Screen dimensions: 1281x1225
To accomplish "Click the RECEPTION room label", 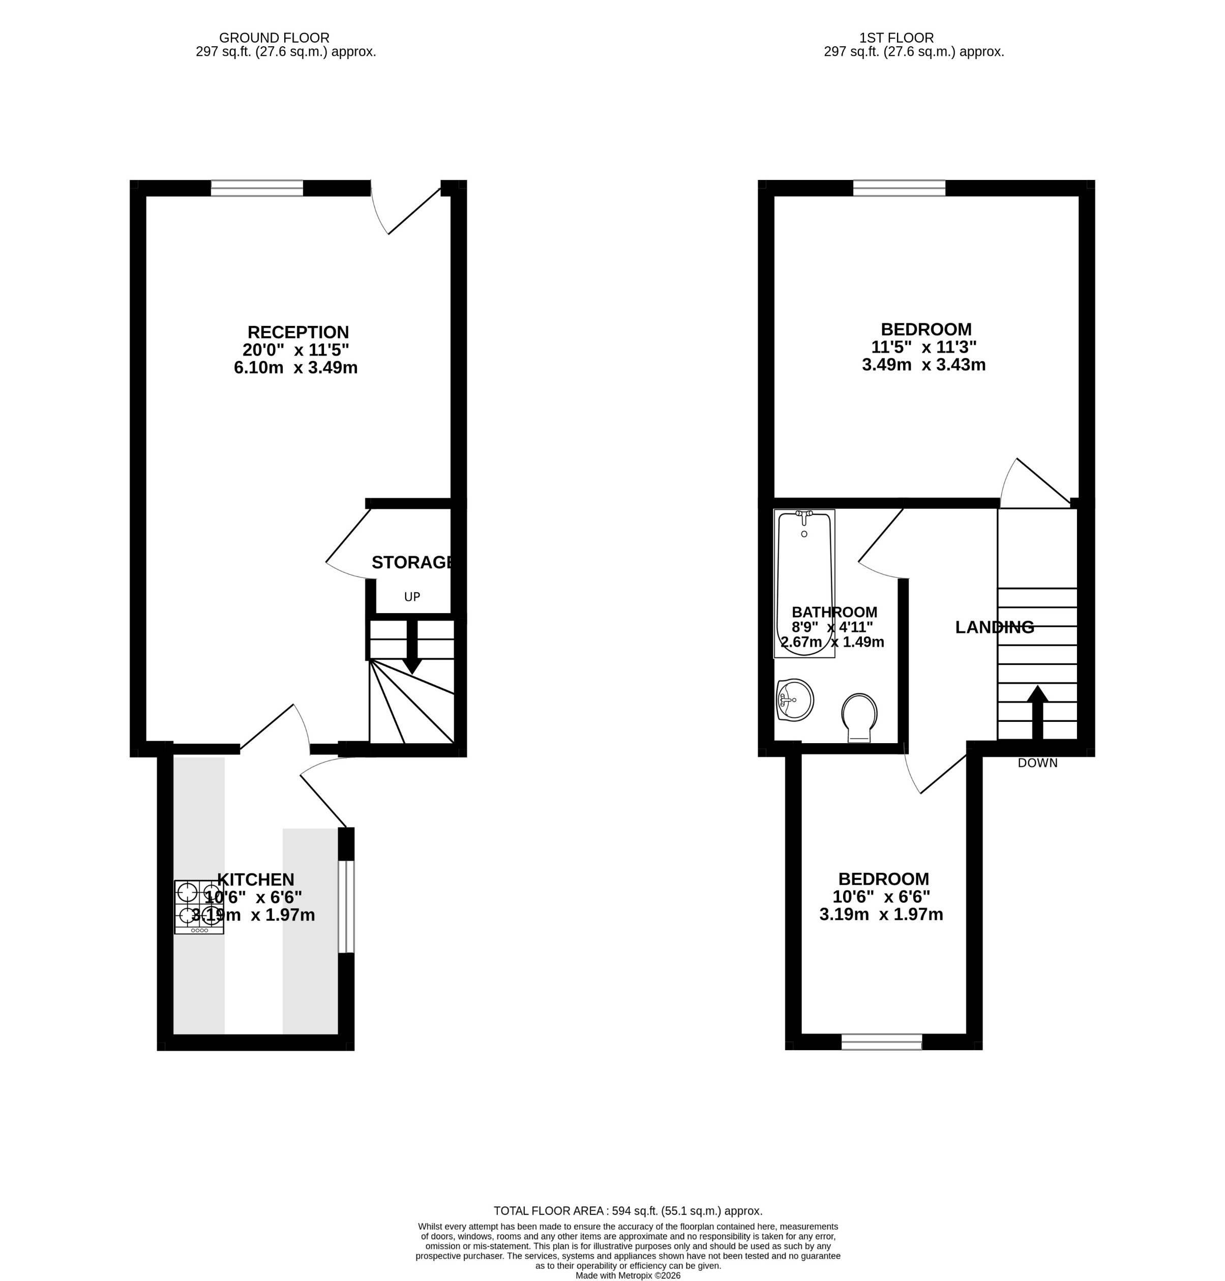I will (298, 332).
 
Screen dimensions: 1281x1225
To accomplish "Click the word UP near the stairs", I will (412, 597).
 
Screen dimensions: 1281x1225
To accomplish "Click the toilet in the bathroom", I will (859, 717).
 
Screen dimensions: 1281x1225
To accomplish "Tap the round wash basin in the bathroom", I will (795, 700).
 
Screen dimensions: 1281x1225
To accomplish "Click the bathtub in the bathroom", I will (804, 583).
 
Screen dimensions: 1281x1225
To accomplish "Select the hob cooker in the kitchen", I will (198, 907).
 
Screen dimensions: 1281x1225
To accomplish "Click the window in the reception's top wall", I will (257, 189).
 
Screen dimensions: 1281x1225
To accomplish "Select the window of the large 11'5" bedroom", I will (899, 189).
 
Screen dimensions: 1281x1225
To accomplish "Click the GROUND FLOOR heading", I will (274, 38).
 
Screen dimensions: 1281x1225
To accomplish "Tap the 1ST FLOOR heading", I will (896, 38).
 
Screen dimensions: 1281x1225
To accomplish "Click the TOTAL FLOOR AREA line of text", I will (628, 1211).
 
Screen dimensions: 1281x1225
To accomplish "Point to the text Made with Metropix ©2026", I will (628, 1275).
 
